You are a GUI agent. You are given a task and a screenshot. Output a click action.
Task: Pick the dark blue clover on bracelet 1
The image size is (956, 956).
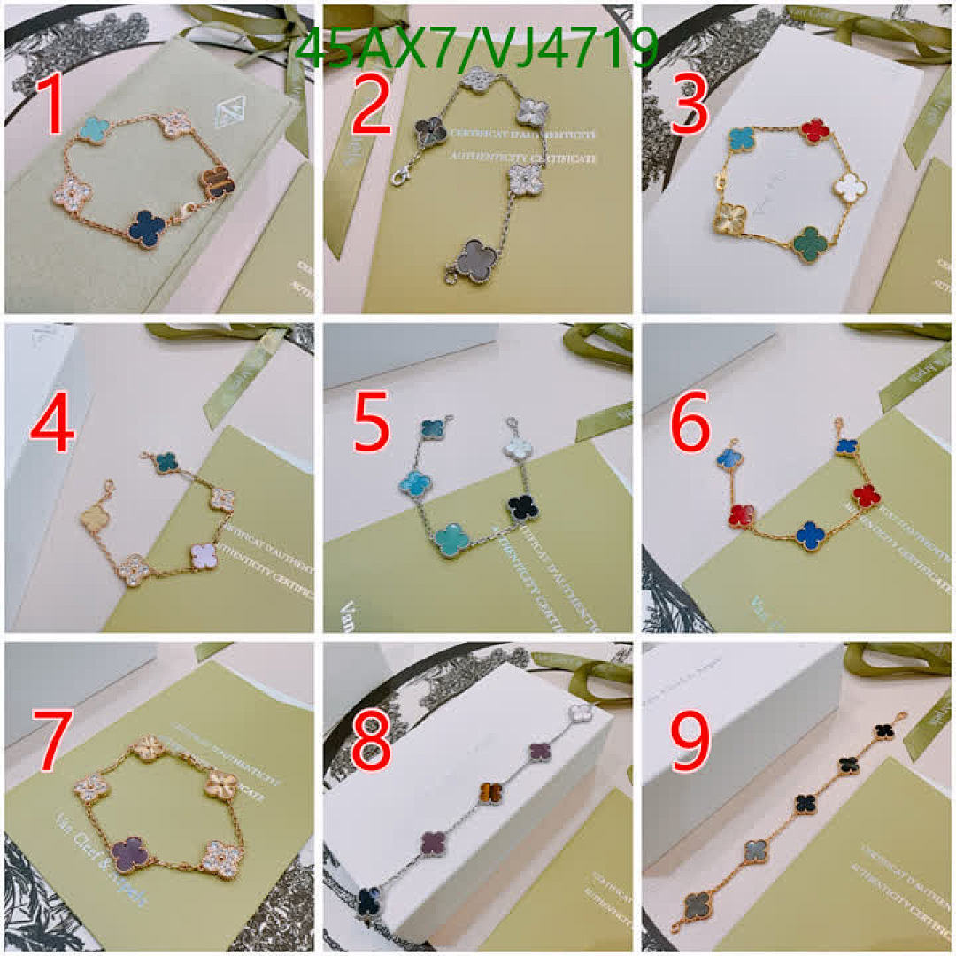coord(146,228)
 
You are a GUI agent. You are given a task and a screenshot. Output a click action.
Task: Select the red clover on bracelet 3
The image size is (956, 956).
coord(813,131)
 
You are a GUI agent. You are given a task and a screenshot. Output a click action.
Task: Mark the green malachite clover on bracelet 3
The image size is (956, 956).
coord(809,241)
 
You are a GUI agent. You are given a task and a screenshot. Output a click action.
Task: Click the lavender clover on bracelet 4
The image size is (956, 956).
coord(204,555)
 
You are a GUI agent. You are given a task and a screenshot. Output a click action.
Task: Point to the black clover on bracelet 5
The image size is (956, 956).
coord(523,508)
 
